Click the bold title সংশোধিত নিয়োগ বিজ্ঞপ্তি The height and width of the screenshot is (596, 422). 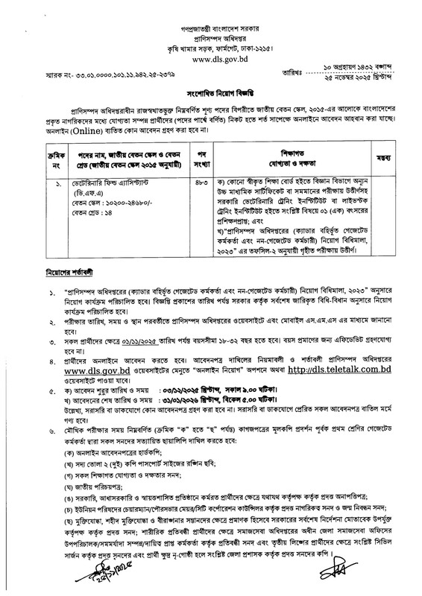211,108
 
